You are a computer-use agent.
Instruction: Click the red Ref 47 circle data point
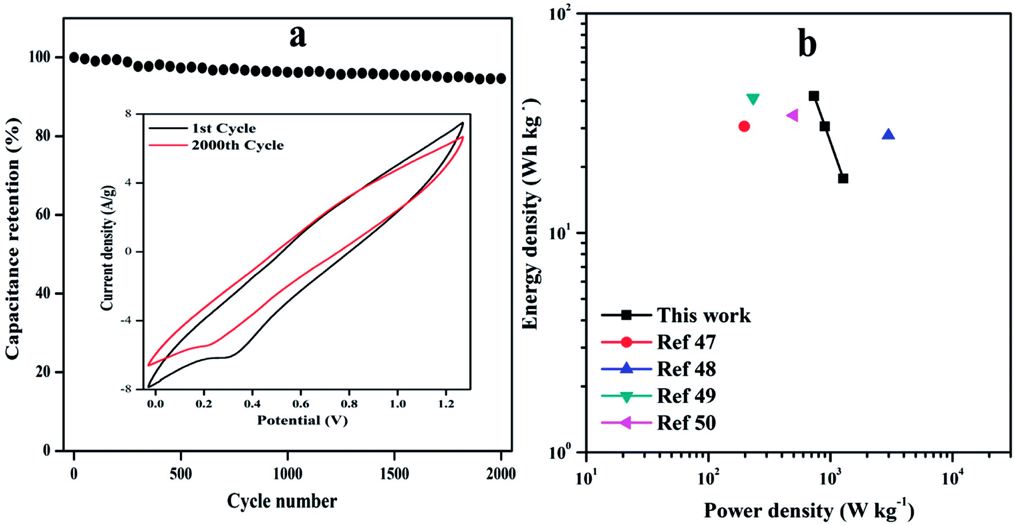(x=744, y=127)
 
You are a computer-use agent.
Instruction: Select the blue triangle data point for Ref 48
(x=888, y=135)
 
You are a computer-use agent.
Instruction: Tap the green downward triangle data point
(x=753, y=99)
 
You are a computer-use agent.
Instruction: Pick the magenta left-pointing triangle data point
(x=793, y=115)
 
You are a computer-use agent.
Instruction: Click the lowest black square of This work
(x=843, y=179)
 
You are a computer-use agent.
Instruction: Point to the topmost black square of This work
(x=814, y=97)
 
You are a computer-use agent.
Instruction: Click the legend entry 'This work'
(x=703, y=315)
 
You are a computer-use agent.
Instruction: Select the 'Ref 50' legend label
(x=686, y=423)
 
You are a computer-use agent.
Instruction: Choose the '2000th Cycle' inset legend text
(x=237, y=145)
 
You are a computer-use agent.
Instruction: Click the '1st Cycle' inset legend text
(x=223, y=128)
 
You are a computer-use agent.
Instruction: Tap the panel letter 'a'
(x=298, y=36)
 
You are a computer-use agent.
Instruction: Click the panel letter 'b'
(x=807, y=44)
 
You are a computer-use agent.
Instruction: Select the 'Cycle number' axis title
(x=282, y=501)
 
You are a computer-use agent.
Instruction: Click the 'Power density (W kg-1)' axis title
(x=808, y=511)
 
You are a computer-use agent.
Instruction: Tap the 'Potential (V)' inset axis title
(x=302, y=420)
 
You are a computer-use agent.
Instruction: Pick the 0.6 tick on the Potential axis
(x=300, y=403)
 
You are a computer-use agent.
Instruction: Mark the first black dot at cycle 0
(x=74, y=57)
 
